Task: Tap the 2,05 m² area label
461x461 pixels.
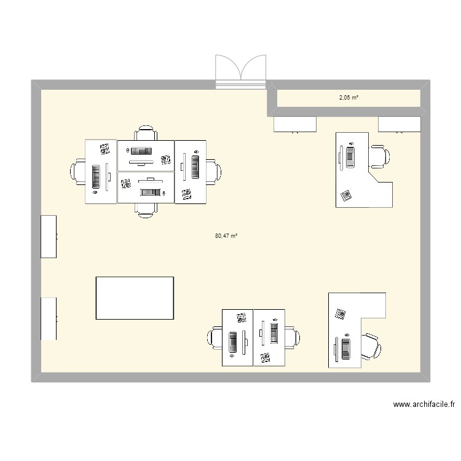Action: coord(349,97)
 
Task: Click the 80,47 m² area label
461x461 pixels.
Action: coord(226,235)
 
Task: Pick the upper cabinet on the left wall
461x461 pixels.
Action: coord(49,236)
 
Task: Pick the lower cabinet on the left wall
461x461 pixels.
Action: coord(49,318)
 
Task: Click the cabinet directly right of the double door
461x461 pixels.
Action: coord(294,124)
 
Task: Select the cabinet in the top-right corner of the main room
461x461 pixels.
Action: coord(400,124)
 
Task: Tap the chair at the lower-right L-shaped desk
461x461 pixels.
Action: coord(370,347)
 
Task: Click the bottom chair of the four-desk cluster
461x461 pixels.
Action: coord(146,209)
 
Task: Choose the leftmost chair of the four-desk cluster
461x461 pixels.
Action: coord(79,171)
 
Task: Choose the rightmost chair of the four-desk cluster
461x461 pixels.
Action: coord(214,171)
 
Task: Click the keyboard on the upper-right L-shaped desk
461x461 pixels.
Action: coord(351,156)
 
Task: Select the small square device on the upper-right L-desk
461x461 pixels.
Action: coord(346,195)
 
